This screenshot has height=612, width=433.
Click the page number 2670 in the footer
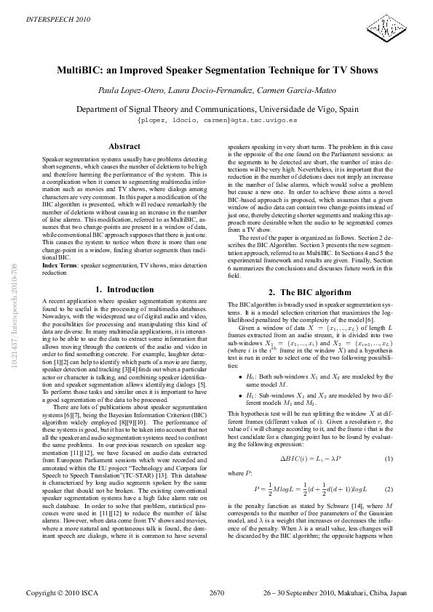217,592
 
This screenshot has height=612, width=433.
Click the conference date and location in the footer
334,592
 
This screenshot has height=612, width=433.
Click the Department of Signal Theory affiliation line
217,108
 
